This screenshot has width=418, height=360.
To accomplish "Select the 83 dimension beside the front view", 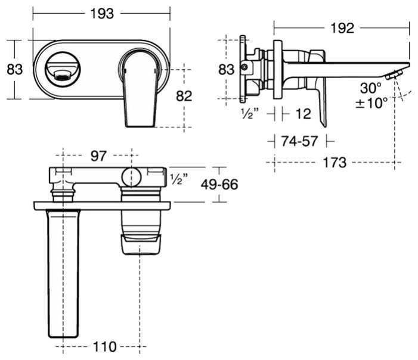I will (x=14, y=69).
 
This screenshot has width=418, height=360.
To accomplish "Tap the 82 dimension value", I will (x=184, y=95).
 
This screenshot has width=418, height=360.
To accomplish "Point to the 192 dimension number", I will (x=340, y=28).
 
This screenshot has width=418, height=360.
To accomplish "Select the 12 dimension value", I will (x=302, y=113).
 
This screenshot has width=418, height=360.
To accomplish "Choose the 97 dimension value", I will (x=98, y=156).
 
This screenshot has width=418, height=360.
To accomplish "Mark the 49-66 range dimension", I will (x=219, y=185).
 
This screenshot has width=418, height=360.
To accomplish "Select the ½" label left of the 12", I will (x=250, y=113).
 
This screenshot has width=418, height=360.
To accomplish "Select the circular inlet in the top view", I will (x=131, y=178).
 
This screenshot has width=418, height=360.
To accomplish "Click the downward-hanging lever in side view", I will (x=320, y=95).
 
